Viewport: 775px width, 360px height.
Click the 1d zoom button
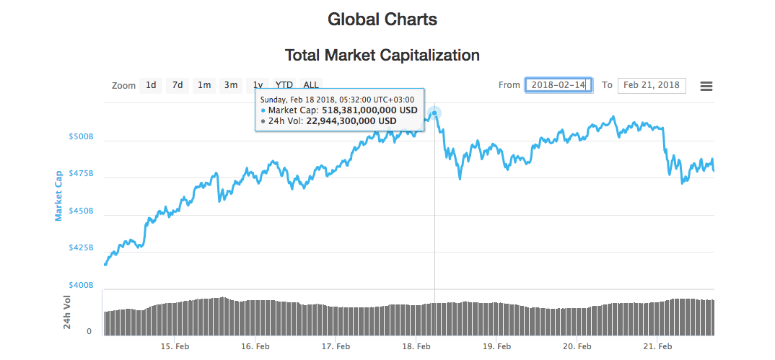(151, 85)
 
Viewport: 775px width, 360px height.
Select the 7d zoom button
(177, 85)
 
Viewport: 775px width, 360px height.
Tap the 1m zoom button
(204, 85)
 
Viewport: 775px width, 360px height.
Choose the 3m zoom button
(231, 85)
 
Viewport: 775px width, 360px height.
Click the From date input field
(559, 85)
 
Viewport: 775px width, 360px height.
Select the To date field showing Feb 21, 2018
(652, 85)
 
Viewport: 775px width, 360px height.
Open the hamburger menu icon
(706, 86)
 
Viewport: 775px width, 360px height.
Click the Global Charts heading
(382, 19)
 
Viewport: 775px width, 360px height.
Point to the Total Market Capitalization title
(382, 55)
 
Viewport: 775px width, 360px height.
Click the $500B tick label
(82, 136)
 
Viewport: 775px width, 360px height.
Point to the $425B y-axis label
(82, 247)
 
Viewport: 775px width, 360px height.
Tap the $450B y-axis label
(82, 211)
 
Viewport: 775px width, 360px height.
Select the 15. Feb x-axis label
(175, 347)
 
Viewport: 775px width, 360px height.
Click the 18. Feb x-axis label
(418, 347)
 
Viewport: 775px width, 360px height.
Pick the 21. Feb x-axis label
(658, 347)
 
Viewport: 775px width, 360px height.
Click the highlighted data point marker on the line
(434, 113)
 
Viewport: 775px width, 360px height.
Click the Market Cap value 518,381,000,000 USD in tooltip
(369, 110)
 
